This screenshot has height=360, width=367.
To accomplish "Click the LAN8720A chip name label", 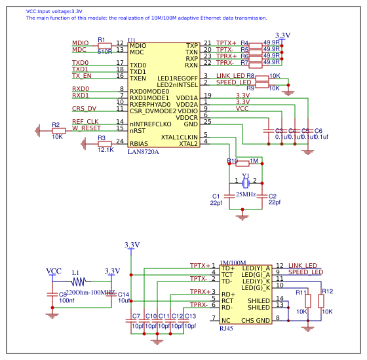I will [143, 151].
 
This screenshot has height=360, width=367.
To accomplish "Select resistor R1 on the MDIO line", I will [104, 46].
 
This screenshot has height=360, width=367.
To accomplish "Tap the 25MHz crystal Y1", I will [246, 183].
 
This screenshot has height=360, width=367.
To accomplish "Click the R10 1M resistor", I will [242, 162].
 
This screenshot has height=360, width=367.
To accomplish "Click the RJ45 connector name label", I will [226, 328].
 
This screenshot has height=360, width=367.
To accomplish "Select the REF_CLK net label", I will [85, 122].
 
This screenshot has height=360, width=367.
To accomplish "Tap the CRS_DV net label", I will [84, 108].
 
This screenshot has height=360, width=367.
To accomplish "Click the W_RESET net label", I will [87, 128].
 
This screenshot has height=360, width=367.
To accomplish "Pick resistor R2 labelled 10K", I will [58, 131].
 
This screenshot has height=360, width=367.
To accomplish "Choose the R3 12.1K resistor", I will [104, 143].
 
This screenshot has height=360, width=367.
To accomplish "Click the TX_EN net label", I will [81, 76].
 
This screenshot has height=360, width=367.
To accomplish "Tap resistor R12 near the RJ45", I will [320, 300].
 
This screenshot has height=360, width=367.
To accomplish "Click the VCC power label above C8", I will [53, 271].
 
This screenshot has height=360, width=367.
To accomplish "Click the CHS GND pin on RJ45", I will [255, 320].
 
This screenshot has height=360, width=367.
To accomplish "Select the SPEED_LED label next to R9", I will [233, 82].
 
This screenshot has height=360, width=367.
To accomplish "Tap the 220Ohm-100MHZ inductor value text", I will [90, 292].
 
